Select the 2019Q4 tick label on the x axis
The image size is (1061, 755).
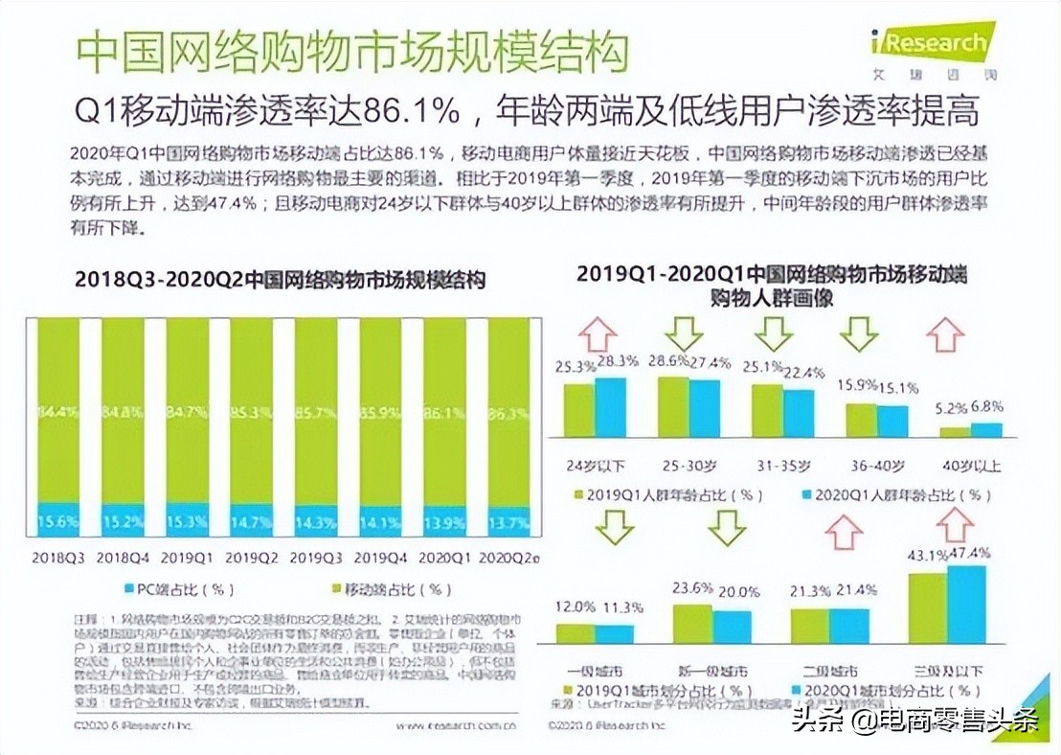tap(380, 557)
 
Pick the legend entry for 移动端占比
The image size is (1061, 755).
tap(383, 588)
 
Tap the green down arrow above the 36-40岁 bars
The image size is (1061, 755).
tap(859, 333)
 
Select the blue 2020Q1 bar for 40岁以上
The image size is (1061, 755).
tap(986, 430)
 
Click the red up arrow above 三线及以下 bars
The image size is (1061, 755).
tap(954, 525)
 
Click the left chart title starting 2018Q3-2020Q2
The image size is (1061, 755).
tap(281, 281)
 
